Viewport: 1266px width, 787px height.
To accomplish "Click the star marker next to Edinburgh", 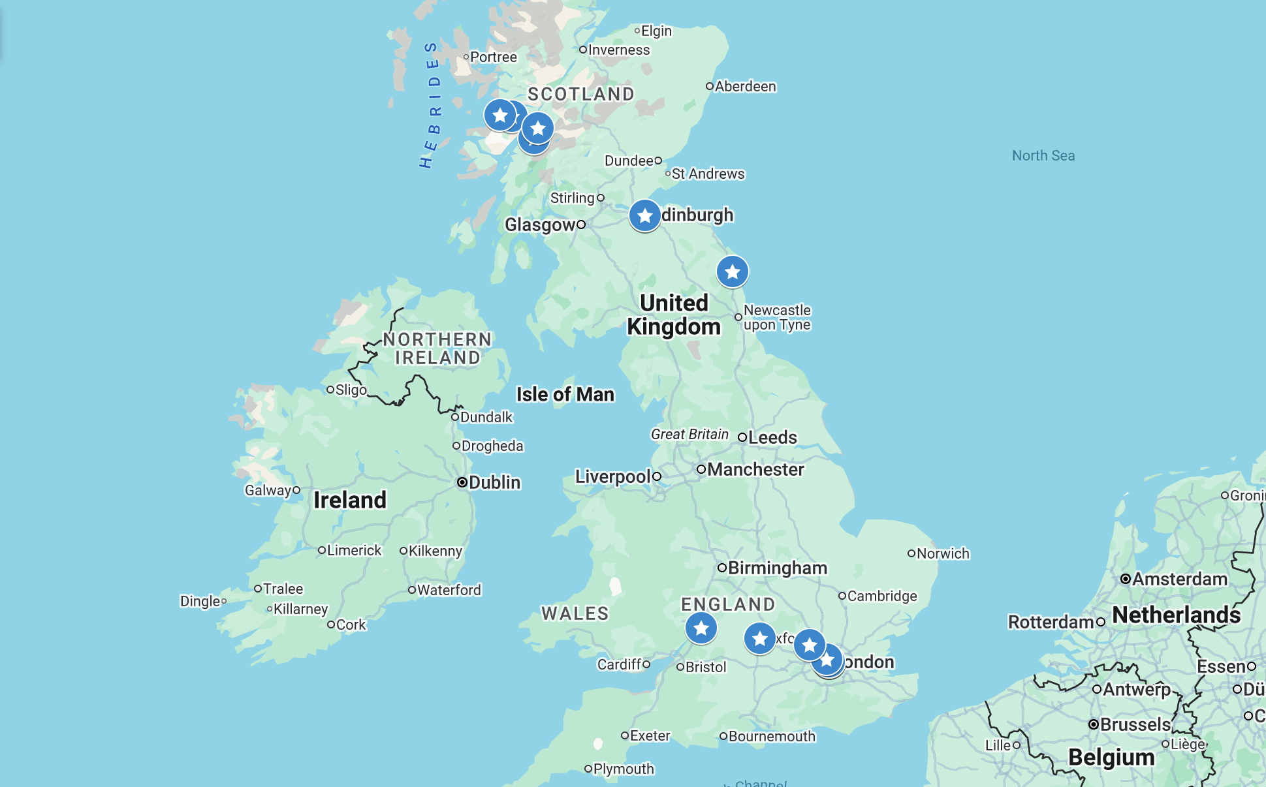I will pyautogui.click(x=644, y=215).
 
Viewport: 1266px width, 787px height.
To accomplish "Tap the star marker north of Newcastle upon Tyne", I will pyautogui.click(x=732, y=271).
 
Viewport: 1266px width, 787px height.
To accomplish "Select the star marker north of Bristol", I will pyautogui.click(x=701, y=628).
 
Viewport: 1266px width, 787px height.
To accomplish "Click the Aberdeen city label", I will pyautogui.click(x=745, y=86).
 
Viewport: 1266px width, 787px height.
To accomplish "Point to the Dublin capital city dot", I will pyautogui.click(x=462, y=482).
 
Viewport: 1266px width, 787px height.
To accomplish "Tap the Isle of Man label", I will pyautogui.click(x=565, y=394).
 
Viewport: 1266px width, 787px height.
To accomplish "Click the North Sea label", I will pyautogui.click(x=1043, y=155).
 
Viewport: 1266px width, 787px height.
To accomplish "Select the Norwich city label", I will pyautogui.click(x=942, y=553).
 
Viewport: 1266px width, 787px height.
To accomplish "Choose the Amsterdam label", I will pyautogui.click(x=1179, y=579).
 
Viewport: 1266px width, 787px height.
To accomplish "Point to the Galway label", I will pyautogui.click(x=268, y=490).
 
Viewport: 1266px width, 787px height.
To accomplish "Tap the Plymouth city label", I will pyautogui.click(x=623, y=769).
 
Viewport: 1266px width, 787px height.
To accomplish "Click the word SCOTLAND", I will pyautogui.click(x=580, y=94).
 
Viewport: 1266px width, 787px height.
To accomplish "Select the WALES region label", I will pyautogui.click(x=575, y=613).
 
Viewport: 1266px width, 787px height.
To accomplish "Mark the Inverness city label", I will pyautogui.click(x=618, y=50).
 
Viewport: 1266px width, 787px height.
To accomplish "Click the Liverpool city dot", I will pyautogui.click(x=657, y=476).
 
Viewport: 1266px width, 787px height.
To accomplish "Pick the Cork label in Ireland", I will pyautogui.click(x=351, y=625).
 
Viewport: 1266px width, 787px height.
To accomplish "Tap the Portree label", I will pyautogui.click(x=493, y=57).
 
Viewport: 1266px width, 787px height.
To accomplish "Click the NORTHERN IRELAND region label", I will pyautogui.click(x=437, y=348).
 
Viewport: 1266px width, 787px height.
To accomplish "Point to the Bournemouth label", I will pyautogui.click(x=771, y=736).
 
